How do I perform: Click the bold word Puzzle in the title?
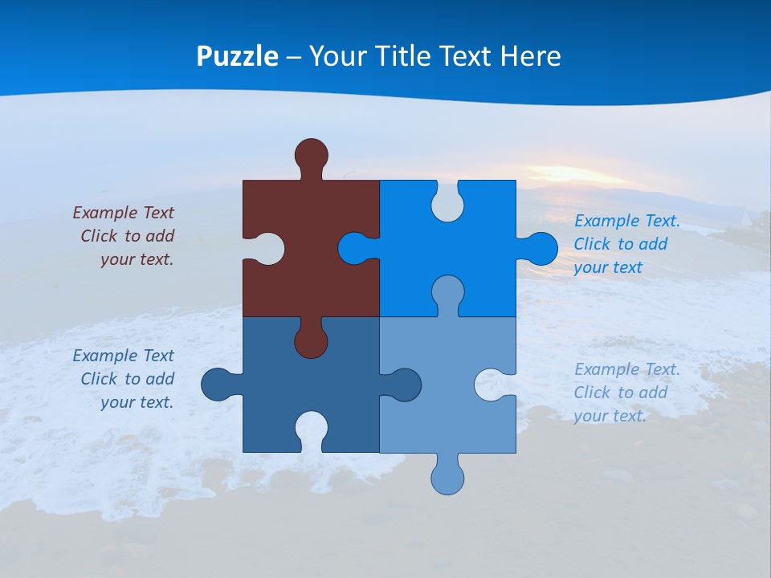point(238,56)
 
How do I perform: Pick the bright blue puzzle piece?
point(474,241)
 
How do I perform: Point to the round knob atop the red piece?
point(311,155)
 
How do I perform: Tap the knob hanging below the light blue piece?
point(447,477)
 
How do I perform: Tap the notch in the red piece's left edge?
point(265,248)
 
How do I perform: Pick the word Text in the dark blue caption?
point(158,356)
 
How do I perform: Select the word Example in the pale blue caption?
point(607,369)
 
